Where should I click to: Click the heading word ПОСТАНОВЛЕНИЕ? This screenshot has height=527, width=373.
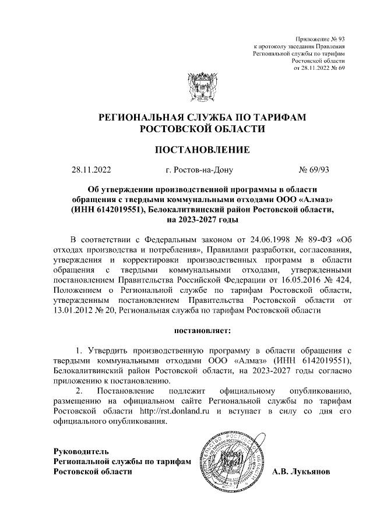pos(202,150)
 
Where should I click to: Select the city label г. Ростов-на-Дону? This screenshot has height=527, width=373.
pos(199,171)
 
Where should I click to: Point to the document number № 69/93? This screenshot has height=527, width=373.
pos(314,171)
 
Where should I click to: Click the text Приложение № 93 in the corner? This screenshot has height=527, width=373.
pos(321,36)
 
